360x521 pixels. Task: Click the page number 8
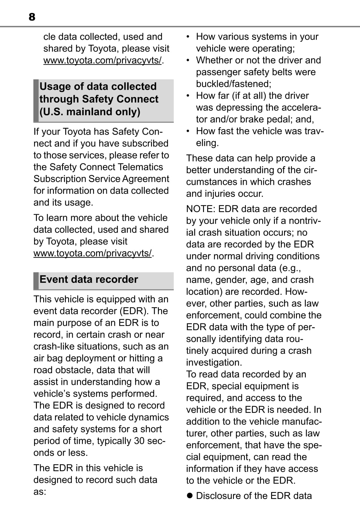point(32,17)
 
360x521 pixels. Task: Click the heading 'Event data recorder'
point(89,279)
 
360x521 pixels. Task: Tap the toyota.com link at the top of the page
point(102,60)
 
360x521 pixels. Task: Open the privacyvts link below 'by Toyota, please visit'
point(92,253)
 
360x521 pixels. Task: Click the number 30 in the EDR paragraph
point(139,441)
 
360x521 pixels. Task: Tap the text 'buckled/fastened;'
point(234,84)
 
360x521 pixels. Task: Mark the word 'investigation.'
point(214,363)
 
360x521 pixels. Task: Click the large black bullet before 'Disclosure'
point(189,495)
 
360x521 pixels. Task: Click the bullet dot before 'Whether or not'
point(188,60)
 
